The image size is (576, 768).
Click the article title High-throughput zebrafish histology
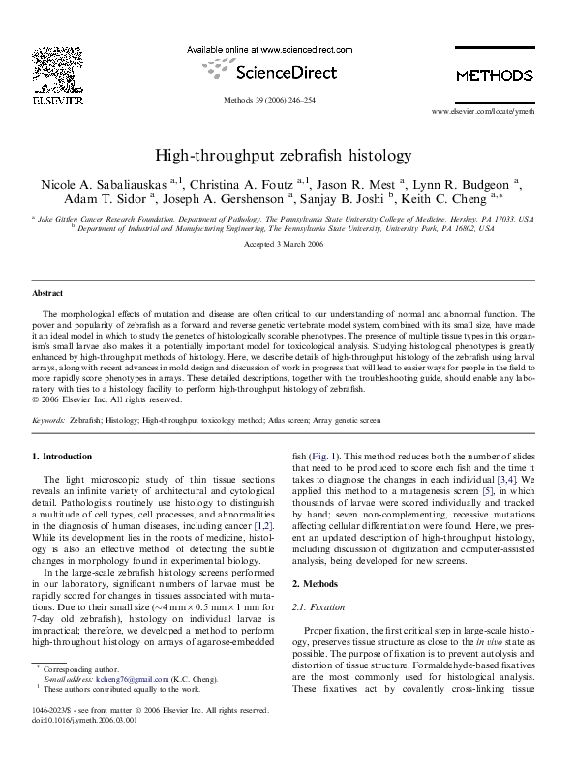coord(287,155)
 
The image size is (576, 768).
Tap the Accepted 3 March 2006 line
coord(287,246)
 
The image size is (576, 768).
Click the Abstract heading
coord(47,292)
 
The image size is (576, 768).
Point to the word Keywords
coord(48,421)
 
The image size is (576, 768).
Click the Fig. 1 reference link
coord(323,455)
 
